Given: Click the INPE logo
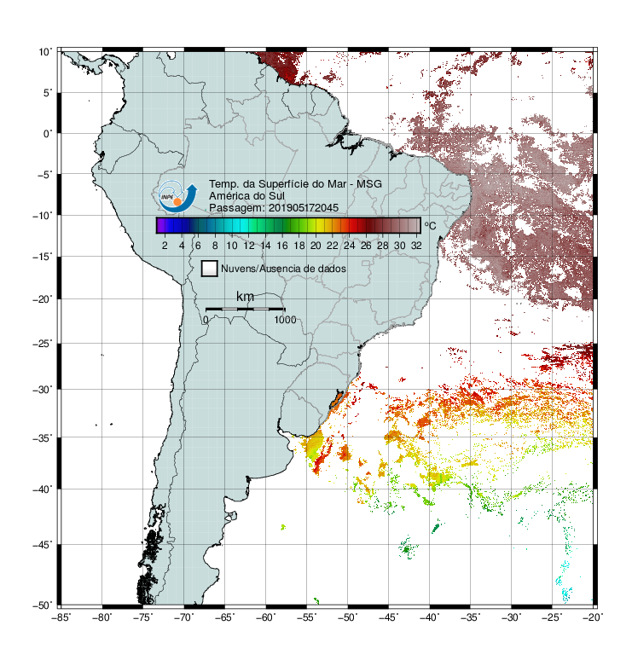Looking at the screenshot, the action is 177,196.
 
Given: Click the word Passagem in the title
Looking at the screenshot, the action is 229,208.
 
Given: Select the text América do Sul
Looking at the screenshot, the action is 246,196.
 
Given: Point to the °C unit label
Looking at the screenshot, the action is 430,225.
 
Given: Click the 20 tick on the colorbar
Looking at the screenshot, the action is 316,246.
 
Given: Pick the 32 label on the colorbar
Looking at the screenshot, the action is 416,246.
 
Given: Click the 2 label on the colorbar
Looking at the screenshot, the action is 165,246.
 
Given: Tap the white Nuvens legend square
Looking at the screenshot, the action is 210,269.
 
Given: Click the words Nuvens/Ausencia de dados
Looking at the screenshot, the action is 283,269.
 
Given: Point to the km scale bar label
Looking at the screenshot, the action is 245,297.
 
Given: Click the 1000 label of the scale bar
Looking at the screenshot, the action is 285,320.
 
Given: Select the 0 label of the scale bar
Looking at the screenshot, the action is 206,320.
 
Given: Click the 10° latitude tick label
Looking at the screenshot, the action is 45,52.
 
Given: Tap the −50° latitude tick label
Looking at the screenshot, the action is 43,605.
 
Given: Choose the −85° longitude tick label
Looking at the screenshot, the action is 61,617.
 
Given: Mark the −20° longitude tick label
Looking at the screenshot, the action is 593,617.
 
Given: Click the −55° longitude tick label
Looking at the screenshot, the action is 307,617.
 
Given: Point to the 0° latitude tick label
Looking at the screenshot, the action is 48,134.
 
